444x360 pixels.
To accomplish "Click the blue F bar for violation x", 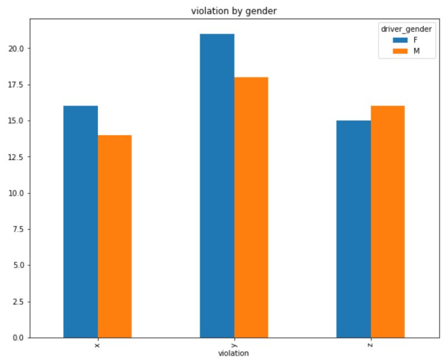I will pyautogui.click(x=80, y=221).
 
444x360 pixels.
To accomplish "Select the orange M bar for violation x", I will pyautogui.click(x=115, y=236).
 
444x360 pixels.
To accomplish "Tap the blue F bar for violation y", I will pyautogui.click(x=217, y=185).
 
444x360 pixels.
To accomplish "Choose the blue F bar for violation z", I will pyautogui.click(x=354, y=229).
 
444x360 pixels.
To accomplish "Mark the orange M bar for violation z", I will pyautogui.click(x=387, y=221).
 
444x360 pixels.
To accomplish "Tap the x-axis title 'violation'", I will pyautogui.click(x=233, y=353).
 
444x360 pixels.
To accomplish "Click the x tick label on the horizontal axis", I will pyautogui.click(x=98, y=344).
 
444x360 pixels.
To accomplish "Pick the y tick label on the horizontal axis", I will pyautogui.click(x=234, y=344).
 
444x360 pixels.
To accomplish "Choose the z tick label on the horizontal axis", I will pyautogui.click(x=370, y=344).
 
